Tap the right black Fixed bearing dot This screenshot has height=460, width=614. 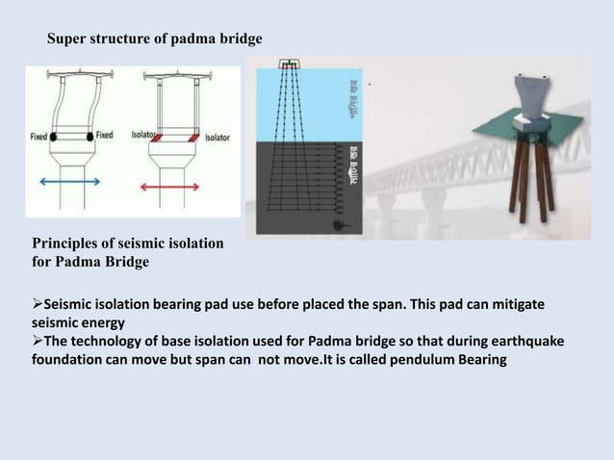[90, 137]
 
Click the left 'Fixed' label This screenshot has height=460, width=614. [38, 136]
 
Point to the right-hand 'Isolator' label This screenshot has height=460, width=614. [217, 138]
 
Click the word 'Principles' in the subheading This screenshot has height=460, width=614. [67, 244]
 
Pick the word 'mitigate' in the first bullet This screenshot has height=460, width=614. [515, 304]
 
